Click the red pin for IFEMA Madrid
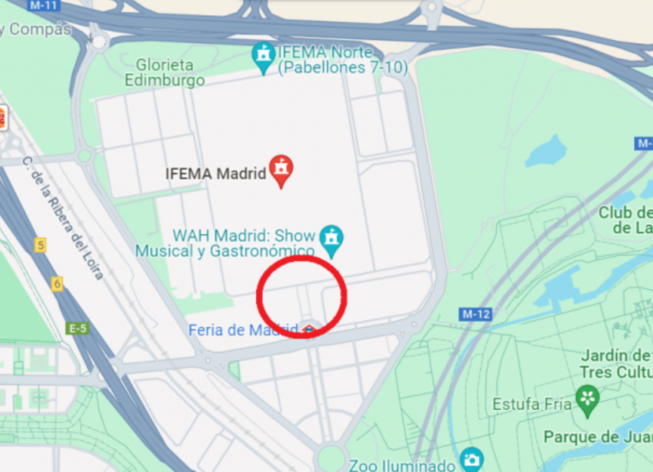(281, 170)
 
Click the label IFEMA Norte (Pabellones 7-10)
(342, 60)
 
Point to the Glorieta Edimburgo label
(165, 73)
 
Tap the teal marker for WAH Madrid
(331, 239)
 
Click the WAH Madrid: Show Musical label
(226, 243)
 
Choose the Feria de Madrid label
(244, 330)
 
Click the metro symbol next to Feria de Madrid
(309, 330)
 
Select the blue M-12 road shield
(475, 314)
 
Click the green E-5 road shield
(77, 328)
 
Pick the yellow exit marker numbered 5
(41, 245)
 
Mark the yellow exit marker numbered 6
(57, 284)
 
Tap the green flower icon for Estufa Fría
(588, 399)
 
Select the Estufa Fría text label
(532, 404)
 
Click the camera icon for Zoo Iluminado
(471, 459)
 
